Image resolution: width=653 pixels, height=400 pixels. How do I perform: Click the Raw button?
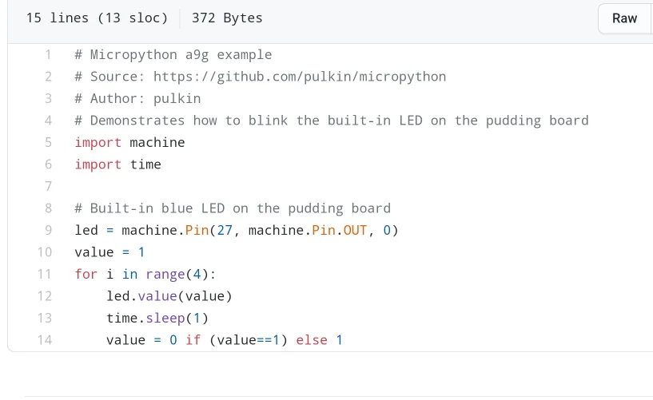coord(624,18)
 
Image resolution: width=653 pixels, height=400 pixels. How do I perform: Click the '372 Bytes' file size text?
coord(227,18)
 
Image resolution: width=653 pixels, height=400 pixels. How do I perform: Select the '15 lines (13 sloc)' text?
coord(97,18)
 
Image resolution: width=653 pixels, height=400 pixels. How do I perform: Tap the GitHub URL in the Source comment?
coord(300,77)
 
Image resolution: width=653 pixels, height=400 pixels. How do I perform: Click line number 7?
coord(48,186)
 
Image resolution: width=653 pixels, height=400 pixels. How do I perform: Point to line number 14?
coord(45,340)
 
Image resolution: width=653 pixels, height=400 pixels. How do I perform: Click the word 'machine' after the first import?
coord(157,142)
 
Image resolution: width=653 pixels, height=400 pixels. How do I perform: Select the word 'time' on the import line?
coord(145,164)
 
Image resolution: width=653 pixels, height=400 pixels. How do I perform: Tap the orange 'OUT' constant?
coord(355,230)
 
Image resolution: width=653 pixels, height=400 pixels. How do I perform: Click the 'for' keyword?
coord(86,274)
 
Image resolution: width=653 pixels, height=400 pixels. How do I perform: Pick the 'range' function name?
coord(165,274)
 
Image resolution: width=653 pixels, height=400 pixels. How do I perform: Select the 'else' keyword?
coord(311,340)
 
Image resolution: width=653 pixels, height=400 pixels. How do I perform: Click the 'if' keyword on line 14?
coord(193,340)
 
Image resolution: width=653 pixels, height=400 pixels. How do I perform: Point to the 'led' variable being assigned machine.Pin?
coord(86,230)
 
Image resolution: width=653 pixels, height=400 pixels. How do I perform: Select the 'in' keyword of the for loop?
coord(129,274)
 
